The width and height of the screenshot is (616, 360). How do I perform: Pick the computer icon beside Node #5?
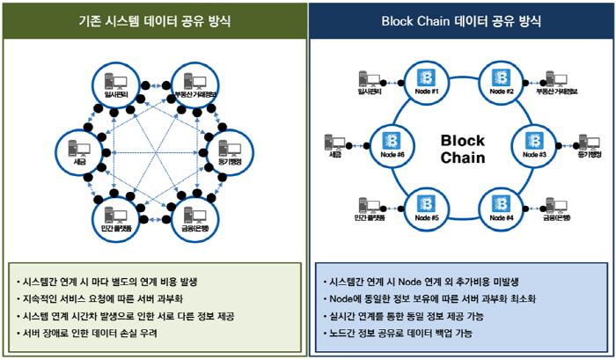[369, 205]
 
